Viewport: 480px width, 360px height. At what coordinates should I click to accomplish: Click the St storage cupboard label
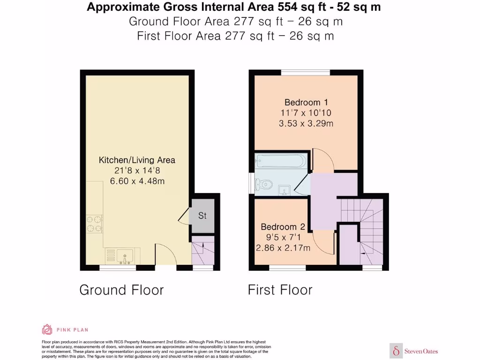[x=202, y=216]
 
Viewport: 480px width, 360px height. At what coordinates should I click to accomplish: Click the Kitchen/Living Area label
[x=137, y=160]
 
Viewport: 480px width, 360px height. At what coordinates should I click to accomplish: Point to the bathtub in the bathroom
[x=280, y=162]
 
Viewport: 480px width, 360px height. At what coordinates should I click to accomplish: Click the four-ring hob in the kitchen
[x=94, y=224]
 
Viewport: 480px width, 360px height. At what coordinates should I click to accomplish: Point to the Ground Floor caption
[x=121, y=290]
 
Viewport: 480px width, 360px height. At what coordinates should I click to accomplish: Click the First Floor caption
[x=280, y=290]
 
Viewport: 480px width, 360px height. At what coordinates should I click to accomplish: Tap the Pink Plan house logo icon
[x=47, y=330]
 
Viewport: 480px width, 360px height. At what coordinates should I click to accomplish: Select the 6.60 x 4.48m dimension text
[x=137, y=181]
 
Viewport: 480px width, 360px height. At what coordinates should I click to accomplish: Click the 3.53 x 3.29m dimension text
[x=306, y=124]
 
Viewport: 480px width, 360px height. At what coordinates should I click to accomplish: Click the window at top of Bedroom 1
[x=306, y=72]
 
